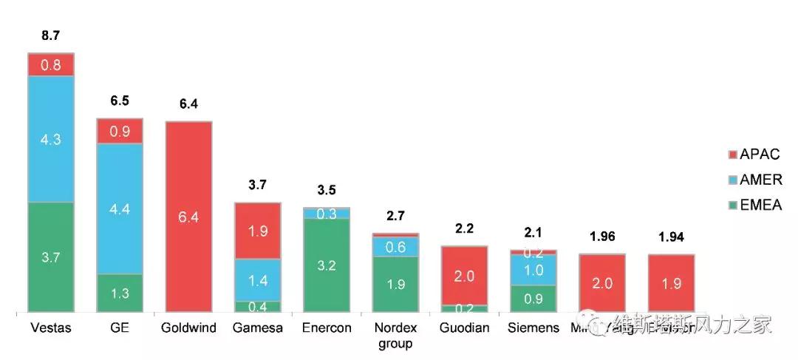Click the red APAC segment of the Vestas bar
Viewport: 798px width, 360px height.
pyautogui.click(x=51, y=64)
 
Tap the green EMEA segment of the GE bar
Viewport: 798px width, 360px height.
pyautogui.click(x=120, y=293)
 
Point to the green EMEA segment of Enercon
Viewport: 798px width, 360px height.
pyautogui.click(x=326, y=265)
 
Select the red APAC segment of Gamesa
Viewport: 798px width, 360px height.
pyautogui.click(x=258, y=231)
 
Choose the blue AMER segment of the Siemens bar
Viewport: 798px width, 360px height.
pyautogui.click(x=533, y=271)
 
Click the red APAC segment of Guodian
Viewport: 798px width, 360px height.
pyautogui.click(x=464, y=275)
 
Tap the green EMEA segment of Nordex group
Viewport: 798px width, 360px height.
pyautogui.click(x=395, y=284)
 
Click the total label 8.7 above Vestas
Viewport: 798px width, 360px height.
pyautogui.click(x=51, y=35)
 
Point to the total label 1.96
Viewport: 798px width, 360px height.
pyautogui.click(x=602, y=237)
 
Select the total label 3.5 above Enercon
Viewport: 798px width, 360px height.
pyautogui.click(x=326, y=189)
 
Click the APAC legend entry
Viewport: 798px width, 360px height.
pyautogui.click(x=754, y=154)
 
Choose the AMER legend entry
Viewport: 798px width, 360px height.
pyautogui.click(x=754, y=180)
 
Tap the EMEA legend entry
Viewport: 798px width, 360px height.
pyautogui.click(x=754, y=205)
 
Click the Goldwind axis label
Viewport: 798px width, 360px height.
pyautogui.click(x=188, y=327)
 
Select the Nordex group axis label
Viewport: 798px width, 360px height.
pyautogui.click(x=396, y=335)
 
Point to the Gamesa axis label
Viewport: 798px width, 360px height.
pyautogui.click(x=258, y=327)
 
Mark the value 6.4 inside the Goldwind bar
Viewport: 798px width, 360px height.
pyautogui.click(x=188, y=217)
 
